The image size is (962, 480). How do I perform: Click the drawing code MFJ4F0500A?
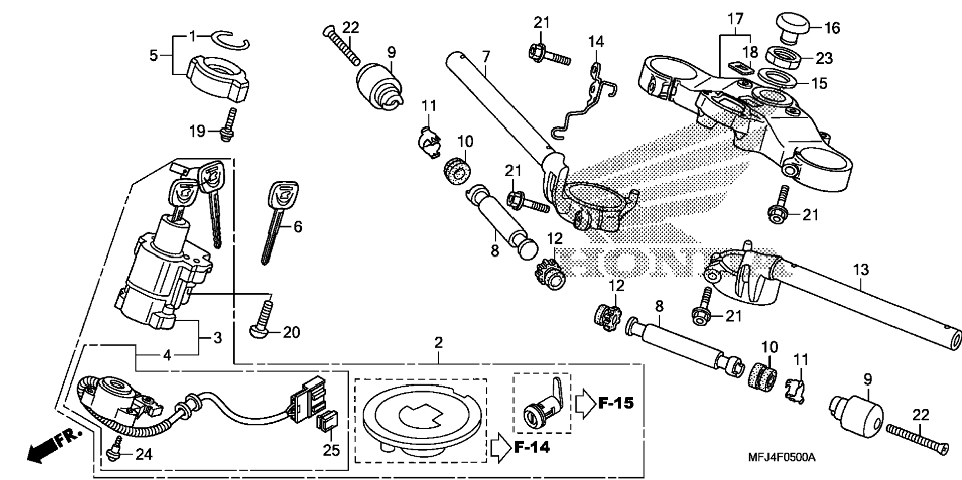coord(781,457)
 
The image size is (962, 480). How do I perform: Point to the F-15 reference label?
coord(616,402)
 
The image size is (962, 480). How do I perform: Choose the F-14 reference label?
coord(532,447)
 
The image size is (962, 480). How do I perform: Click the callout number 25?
coord(331,450)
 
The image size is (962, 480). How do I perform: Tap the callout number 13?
coord(861,270)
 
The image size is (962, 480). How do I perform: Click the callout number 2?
coord(438,343)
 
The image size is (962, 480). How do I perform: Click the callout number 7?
coord(486,56)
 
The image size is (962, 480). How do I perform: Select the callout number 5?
coord(153,55)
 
